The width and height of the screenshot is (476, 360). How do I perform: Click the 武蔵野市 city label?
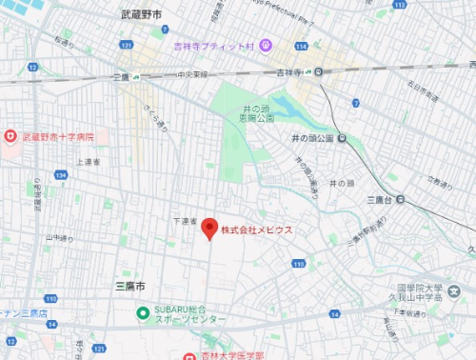(142, 14)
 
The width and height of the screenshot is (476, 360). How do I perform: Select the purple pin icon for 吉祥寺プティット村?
(267, 45)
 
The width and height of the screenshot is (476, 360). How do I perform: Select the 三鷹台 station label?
(380, 200)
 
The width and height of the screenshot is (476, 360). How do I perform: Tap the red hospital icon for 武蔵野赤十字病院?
(10, 138)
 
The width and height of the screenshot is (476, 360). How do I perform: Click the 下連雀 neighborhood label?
(185, 221)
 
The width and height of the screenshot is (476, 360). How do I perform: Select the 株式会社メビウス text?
(256, 230)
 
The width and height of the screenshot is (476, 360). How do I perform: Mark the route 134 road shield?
(63, 174)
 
